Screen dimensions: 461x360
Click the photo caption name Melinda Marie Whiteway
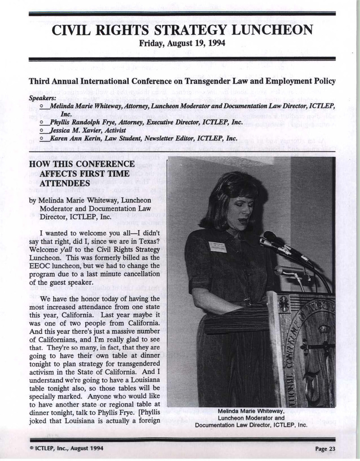[x=251, y=411]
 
